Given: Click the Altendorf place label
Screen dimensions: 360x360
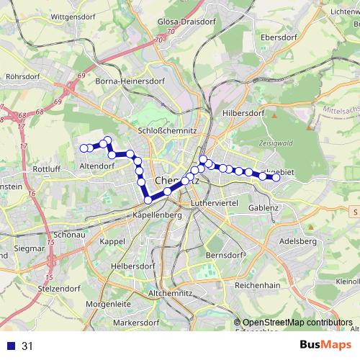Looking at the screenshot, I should pyautogui.click(x=97, y=166).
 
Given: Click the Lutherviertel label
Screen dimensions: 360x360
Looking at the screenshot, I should pyautogui.click(x=214, y=204).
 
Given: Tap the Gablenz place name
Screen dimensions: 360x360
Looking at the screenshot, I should pyautogui.click(x=264, y=207).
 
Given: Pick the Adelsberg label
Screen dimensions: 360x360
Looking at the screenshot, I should pyautogui.click(x=297, y=241).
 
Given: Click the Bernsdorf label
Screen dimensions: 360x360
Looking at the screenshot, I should pyautogui.click(x=225, y=256).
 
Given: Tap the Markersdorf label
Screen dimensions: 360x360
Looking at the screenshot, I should pyautogui.click(x=135, y=322).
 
